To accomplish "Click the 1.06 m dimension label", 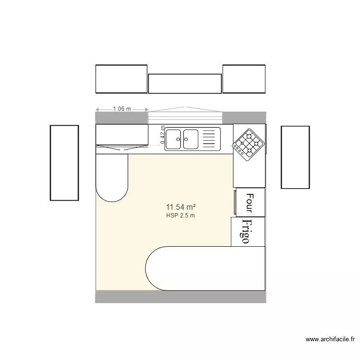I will [122, 109].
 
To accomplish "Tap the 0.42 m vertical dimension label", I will [163, 135].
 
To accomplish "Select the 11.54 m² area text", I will [180, 207].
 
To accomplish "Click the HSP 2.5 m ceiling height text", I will [180, 216].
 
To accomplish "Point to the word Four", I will [249, 203].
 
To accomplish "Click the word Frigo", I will [246, 232].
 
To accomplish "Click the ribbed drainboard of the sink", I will [210, 139].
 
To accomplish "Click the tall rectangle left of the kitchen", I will [64, 162].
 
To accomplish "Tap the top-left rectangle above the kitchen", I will [121, 79].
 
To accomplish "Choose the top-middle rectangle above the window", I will [185, 84].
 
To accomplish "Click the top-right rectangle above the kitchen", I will [244, 79].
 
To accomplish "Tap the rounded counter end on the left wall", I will [112, 177].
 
